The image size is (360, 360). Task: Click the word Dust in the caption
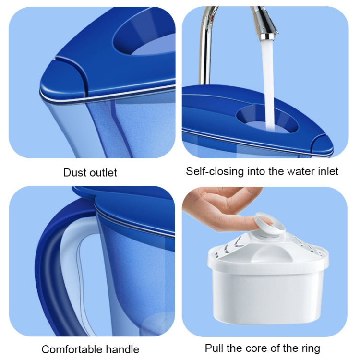point(74,172)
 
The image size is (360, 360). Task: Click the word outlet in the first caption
point(101,172)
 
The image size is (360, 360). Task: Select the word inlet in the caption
point(328,171)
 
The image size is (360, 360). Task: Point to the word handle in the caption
point(121,349)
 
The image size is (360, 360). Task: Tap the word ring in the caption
point(310,348)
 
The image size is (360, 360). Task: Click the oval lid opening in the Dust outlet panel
point(144,41)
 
